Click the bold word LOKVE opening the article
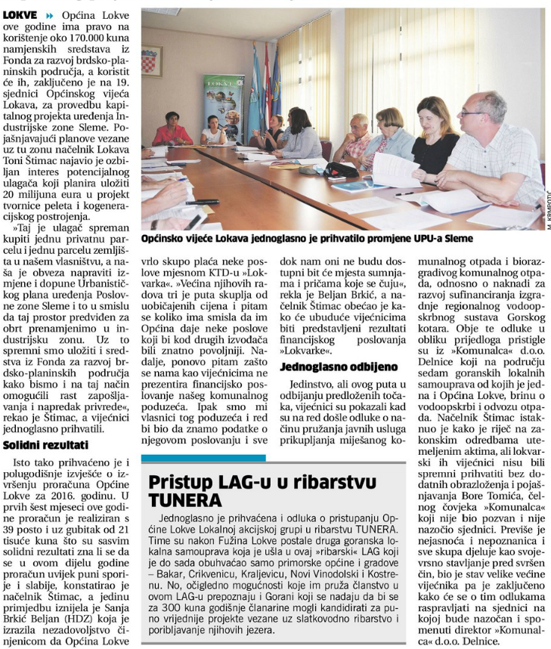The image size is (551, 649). coord(19,14)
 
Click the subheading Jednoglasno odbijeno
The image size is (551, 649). coord(328,367)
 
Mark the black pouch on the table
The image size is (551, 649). coord(342,169)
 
